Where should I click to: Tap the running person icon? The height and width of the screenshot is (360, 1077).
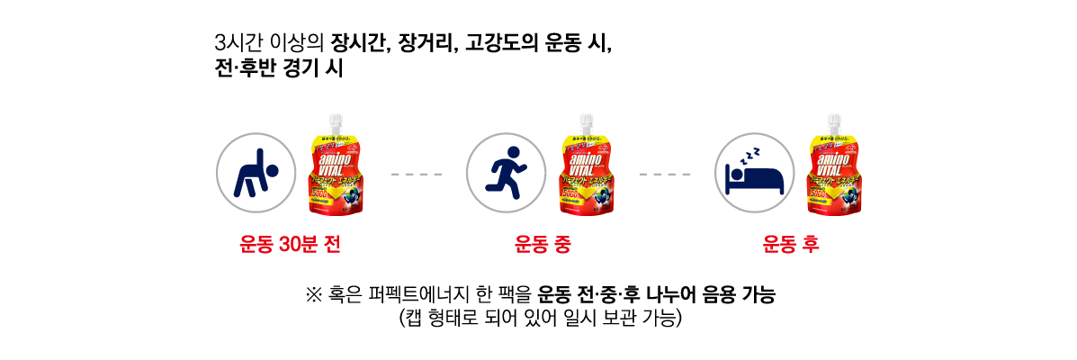point(506,173)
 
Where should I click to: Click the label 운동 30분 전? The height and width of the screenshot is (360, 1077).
point(290,244)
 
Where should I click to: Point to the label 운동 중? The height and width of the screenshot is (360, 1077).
point(543,244)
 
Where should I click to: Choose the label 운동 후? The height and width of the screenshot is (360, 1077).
point(791,244)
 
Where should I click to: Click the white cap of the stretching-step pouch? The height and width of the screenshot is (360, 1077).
point(336,121)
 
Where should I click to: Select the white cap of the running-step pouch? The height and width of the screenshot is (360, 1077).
point(587,121)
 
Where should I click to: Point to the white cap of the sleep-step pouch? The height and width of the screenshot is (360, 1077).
point(834,121)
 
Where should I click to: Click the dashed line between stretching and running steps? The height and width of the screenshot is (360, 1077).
point(417,174)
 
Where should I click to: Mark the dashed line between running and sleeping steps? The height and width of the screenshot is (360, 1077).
point(665,174)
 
